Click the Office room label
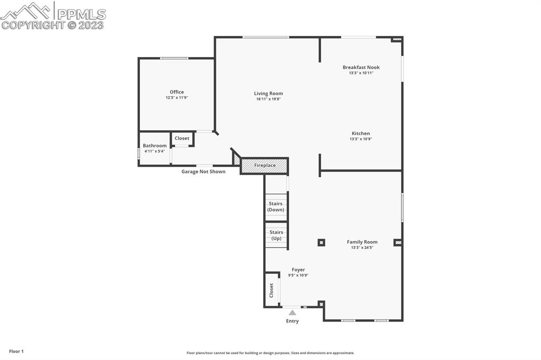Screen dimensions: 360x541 pos(176,92)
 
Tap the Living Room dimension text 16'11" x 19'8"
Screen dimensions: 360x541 pos(268,99)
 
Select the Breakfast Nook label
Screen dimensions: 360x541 pos(361,67)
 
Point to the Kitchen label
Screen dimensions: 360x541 pos(361,134)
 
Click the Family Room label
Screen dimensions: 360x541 pos(362,242)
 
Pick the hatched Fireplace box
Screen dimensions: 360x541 pos(265,166)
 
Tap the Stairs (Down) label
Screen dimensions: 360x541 pos(275,206)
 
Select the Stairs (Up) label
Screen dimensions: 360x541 pos(276,235)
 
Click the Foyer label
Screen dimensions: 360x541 pos(298,270)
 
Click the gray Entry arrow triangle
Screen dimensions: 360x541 pos(292,312)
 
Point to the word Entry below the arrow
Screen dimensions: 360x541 pos(292,321)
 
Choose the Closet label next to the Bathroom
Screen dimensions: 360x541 pos(182,138)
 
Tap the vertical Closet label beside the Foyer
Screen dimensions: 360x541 pos(272,290)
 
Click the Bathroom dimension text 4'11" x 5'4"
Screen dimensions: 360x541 pos(155,151)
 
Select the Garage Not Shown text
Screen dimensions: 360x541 pos(203,172)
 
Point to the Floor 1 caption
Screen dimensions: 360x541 pos(16,351)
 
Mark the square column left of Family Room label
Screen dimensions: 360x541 pos(321,242)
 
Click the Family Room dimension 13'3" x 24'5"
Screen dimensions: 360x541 pos(362,248)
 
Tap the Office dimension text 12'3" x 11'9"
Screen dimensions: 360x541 pos(176,98)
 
